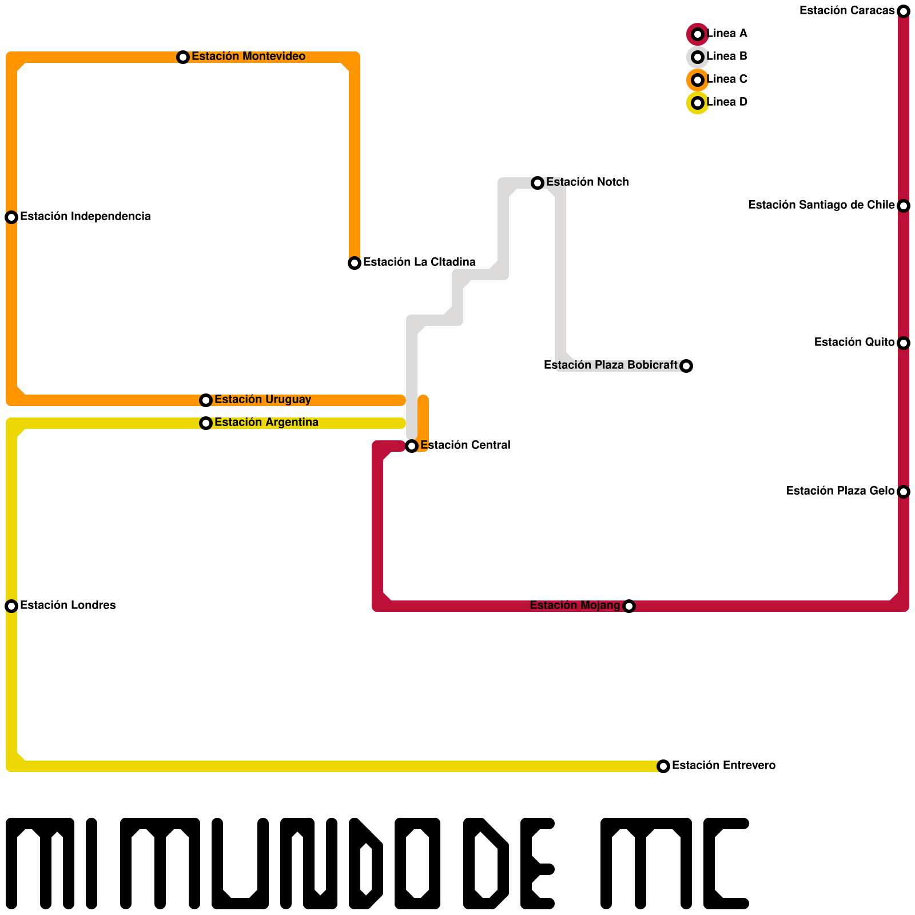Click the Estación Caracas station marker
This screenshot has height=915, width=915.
tap(904, 11)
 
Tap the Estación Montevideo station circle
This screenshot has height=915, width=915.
tap(183, 57)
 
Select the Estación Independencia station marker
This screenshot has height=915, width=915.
tap(11, 217)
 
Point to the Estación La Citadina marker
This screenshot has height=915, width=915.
tap(355, 263)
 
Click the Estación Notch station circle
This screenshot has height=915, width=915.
tap(538, 183)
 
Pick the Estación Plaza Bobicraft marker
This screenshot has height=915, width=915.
tap(686, 366)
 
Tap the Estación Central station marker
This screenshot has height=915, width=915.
tap(412, 446)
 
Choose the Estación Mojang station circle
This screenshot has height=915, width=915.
tap(629, 606)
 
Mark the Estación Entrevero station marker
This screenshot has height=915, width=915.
tap(663, 766)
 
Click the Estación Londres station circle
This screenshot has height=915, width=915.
tap(11, 606)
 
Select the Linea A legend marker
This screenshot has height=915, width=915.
tap(698, 34)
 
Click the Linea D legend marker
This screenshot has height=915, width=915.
tap(698, 103)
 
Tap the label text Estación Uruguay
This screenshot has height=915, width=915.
tap(262, 399)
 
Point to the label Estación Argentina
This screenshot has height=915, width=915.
tap(266, 422)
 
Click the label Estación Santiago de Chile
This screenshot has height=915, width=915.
tap(821, 205)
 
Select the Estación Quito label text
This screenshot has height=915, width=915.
tap(854, 342)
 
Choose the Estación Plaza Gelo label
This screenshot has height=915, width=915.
tap(840, 491)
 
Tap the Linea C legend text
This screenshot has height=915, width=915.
tap(727, 79)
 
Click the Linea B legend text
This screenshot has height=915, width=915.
tap(727, 56)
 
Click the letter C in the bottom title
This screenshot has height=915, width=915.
tap(725, 864)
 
